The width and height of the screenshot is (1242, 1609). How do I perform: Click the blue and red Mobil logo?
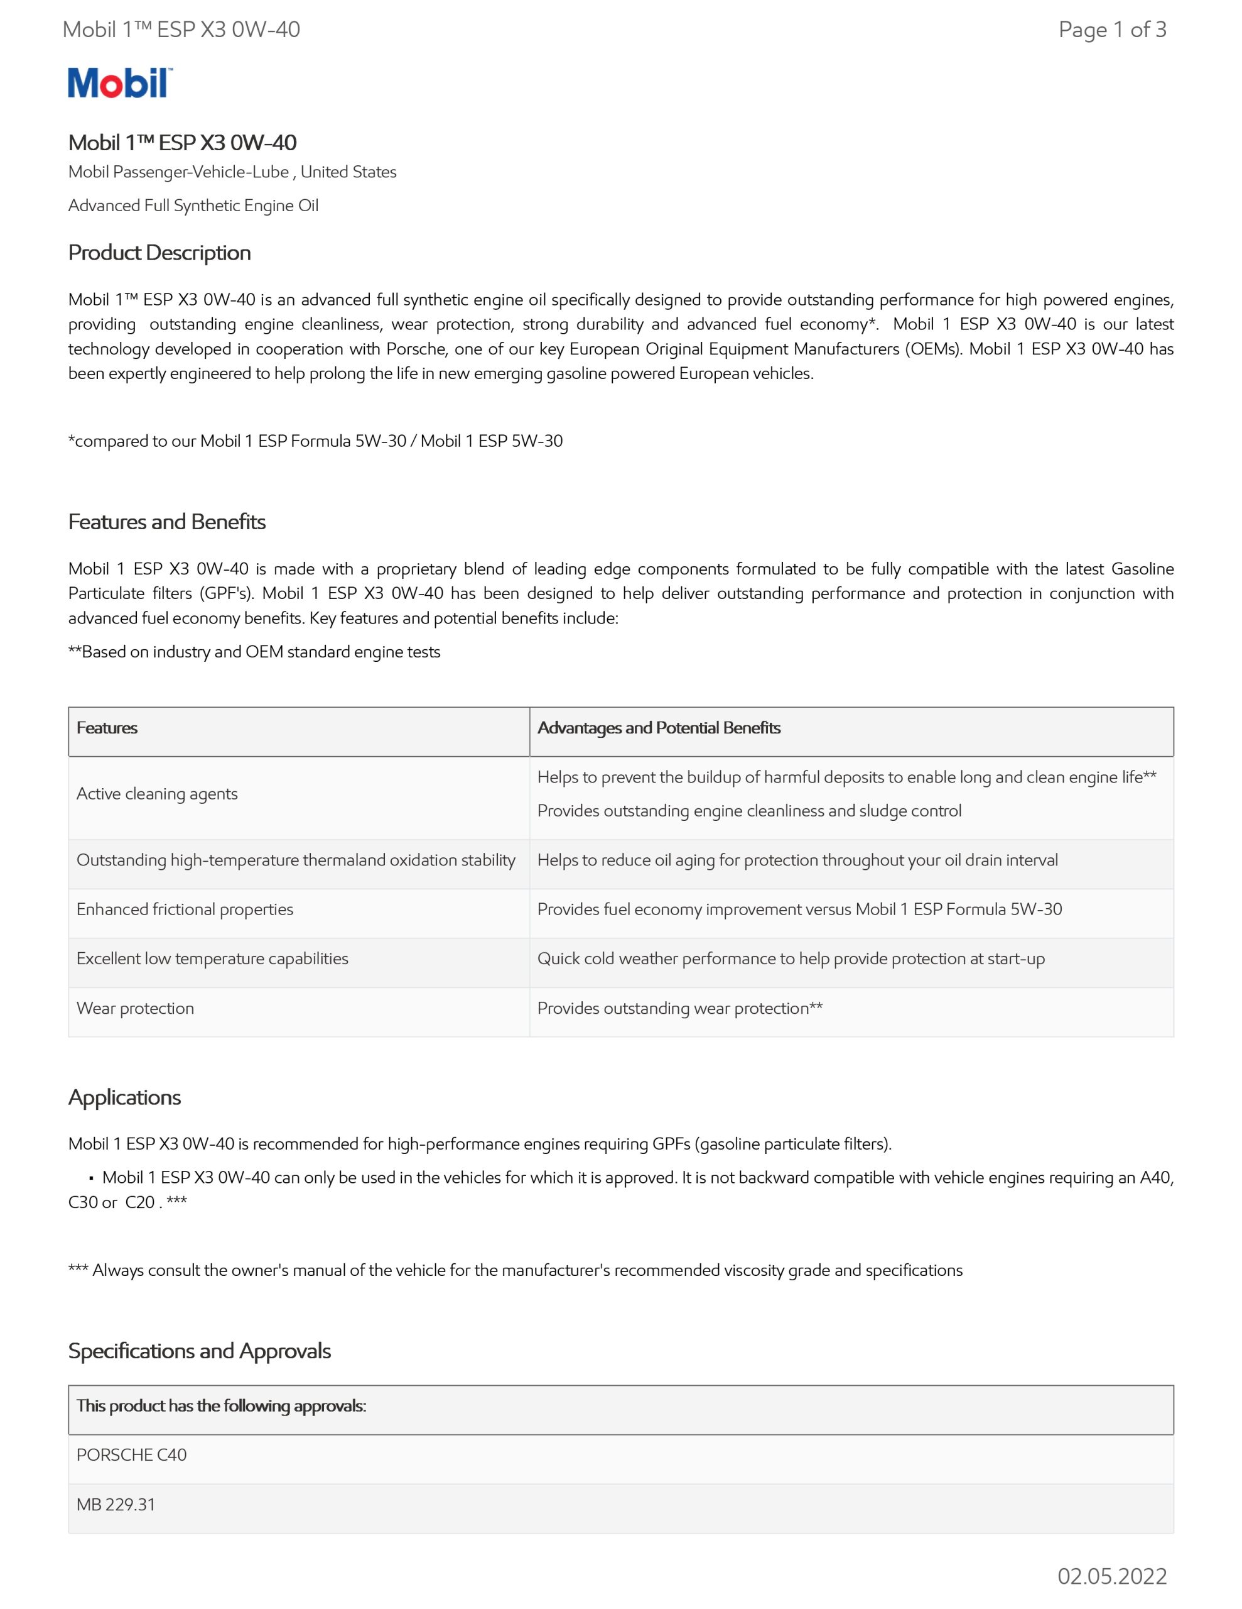[x=120, y=82]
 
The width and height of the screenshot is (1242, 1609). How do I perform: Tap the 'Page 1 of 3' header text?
[x=1111, y=30]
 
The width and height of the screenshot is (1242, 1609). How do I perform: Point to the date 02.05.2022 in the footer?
[x=1111, y=1576]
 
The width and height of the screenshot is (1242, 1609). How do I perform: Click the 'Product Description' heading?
[x=159, y=253]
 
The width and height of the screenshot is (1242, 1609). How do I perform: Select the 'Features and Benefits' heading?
[x=167, y=522]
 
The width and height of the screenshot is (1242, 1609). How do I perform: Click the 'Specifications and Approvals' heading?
[x=200, y=1351]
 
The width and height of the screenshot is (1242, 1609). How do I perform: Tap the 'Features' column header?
[x=107, y=728]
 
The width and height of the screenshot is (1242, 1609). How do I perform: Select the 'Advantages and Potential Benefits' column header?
[x=659, y=728]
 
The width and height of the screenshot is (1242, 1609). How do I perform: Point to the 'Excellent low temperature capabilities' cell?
[x=212, y=958]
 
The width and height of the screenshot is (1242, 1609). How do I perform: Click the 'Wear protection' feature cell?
[x=136, y=1008]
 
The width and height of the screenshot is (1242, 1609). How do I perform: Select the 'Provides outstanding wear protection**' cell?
[x=679, y=1008]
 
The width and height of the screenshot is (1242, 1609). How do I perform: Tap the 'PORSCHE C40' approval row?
[x=132, y=1454]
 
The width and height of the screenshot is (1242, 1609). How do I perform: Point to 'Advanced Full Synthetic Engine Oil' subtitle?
[x=193, y=206]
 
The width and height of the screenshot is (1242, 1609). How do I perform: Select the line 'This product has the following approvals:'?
[x=222, y=1405]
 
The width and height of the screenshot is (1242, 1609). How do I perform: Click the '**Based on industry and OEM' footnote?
[x=254, y=652]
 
